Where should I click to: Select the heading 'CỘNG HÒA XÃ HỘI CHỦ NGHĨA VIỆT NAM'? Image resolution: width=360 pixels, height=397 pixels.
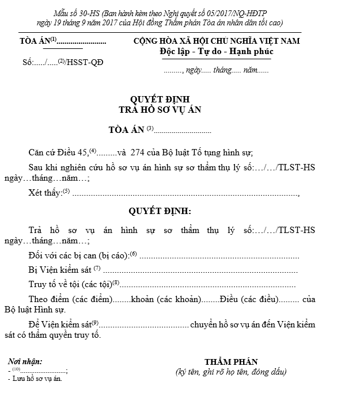(x=217, y=41)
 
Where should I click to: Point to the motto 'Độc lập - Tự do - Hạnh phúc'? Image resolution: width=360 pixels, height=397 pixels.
(x=217, y=52)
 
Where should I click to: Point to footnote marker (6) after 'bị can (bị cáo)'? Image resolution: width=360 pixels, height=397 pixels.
(x=133, y=254)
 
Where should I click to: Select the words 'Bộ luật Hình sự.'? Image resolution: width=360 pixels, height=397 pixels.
(x=45, y=310)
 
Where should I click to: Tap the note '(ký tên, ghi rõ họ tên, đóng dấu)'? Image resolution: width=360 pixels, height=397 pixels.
(x=230, y=372)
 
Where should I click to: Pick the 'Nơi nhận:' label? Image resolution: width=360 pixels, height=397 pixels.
(x=25, y=361)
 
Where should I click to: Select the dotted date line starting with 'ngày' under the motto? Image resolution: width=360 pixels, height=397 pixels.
(x=216, y=70)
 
